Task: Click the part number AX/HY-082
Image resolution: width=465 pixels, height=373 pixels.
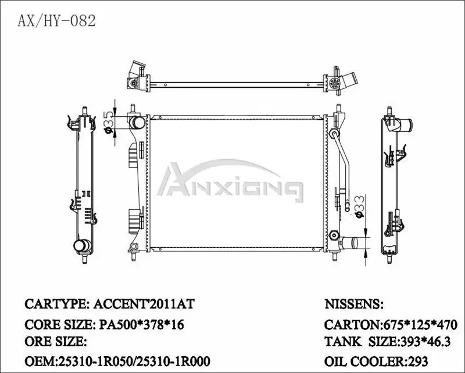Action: (x=56, y=21)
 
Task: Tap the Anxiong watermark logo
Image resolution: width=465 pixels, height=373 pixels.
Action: (x=231, y=182)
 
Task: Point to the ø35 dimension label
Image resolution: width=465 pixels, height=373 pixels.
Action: (x=109, y=121)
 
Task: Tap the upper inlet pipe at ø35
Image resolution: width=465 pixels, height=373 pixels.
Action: (x=137, y=123)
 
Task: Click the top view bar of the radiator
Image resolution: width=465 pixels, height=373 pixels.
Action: (x=233, y=83)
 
